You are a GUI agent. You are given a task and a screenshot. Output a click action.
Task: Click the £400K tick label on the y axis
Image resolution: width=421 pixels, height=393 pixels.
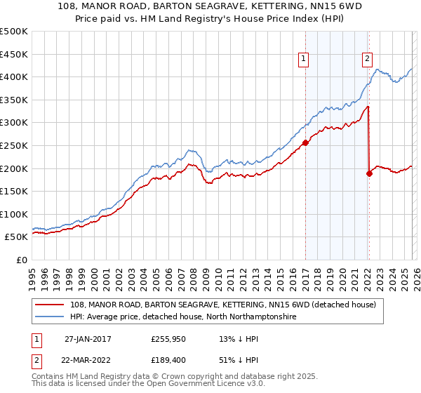[14, 76]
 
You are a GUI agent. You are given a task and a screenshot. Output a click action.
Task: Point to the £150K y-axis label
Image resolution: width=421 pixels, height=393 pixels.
[14, 191]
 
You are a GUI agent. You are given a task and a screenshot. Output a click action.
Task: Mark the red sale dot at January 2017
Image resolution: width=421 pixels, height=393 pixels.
[305, 142]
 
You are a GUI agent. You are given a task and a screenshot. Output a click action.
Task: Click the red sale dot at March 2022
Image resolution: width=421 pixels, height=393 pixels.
[369, 173]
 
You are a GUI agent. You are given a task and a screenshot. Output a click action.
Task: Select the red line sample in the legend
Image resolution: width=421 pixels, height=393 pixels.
[51, 305]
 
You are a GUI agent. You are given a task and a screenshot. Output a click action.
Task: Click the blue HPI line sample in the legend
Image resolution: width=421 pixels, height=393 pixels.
[51, 317]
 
